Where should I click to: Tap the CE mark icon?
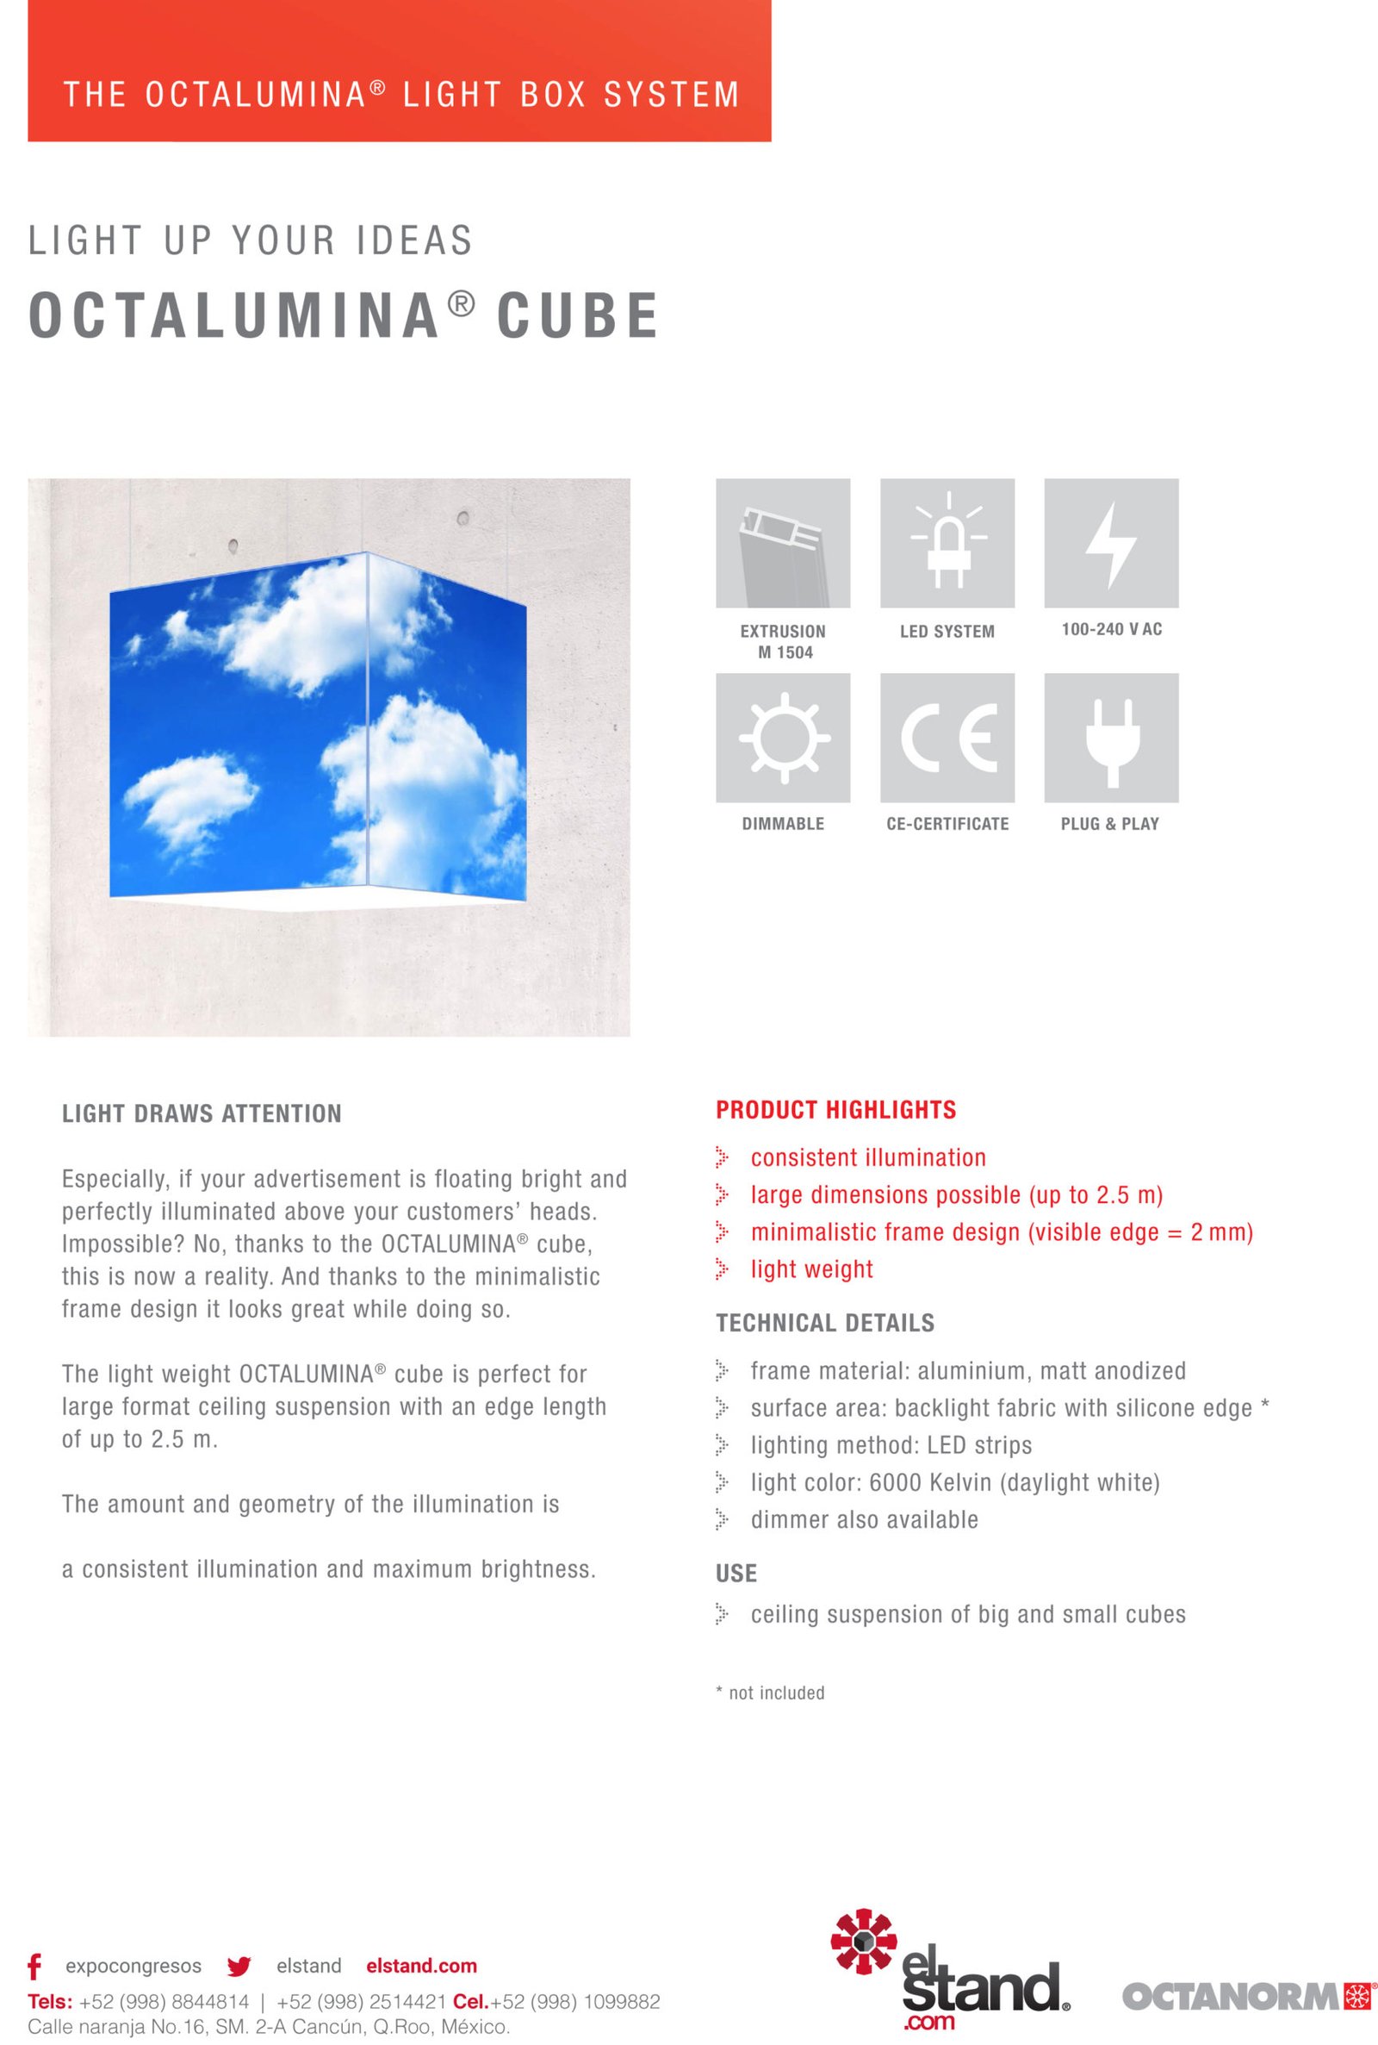pyautogui.click(x=947, y=738)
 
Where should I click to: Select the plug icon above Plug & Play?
pyautogui.click(x=1111, y=738)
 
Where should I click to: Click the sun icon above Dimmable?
pyautogui.click(x=783, y=738)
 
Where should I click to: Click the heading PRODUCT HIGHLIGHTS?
pyautogui.click(x=835, y=1111)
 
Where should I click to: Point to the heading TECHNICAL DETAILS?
pyautogui.click(x=825, y=1323)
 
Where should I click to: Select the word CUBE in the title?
pyautogui.click(x=577, y=315)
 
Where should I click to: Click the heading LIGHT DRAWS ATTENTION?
pyautogui.click(x=202, y=1114)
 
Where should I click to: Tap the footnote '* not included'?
pyautogui.click(x=771, y=1693)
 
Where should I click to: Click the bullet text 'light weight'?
pyautogui.click(x=811, y=1269)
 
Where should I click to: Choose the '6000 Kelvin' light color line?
pyautogui.click(x=954, y=1483)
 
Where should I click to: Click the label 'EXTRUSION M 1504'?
pyautogui.click(x=783, y=642)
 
